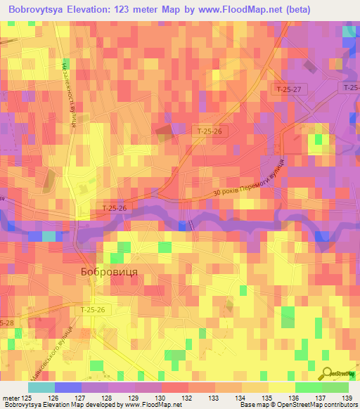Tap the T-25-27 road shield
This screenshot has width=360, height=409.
click(288, 89)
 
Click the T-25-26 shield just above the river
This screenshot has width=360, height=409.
click(114, 208)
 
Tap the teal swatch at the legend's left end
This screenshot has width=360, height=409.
click(41, 387)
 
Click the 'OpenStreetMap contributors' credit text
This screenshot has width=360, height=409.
click(321, 405)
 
